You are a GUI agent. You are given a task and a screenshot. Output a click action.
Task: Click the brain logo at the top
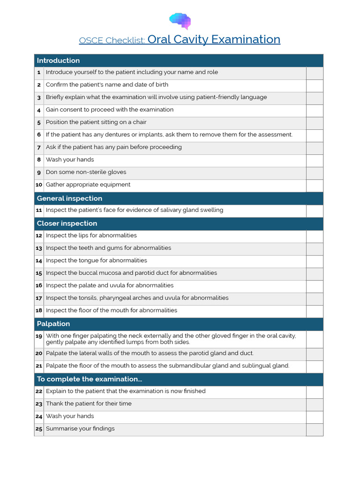pos(180,21)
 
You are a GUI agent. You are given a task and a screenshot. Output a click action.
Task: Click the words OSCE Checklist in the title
pos(112,40)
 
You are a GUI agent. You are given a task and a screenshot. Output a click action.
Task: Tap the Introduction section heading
pos(58,60)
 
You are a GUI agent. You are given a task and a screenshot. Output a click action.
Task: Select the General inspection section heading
pos(69,198)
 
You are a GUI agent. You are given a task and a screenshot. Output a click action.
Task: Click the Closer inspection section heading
pos(67,224)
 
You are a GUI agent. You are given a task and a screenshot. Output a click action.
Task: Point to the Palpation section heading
pos(53,324)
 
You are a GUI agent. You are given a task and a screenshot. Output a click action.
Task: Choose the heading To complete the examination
pos(89,379)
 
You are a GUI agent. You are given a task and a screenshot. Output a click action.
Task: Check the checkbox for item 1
pos(315,73)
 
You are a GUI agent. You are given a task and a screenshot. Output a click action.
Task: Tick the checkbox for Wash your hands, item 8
pos(315,160)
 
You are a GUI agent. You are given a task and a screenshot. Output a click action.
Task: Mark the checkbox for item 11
pos(315,210)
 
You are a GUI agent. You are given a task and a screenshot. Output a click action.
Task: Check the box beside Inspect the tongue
pos(315,261)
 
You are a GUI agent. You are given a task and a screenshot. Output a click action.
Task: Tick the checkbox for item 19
pos(315,339)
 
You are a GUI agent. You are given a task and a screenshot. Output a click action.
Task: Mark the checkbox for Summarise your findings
pos(315,429)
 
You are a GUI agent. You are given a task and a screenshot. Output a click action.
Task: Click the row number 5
pos(39,123)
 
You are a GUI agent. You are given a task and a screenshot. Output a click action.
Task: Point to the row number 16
pos(39,285)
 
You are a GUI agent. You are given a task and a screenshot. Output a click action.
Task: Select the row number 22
pos(39,391)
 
